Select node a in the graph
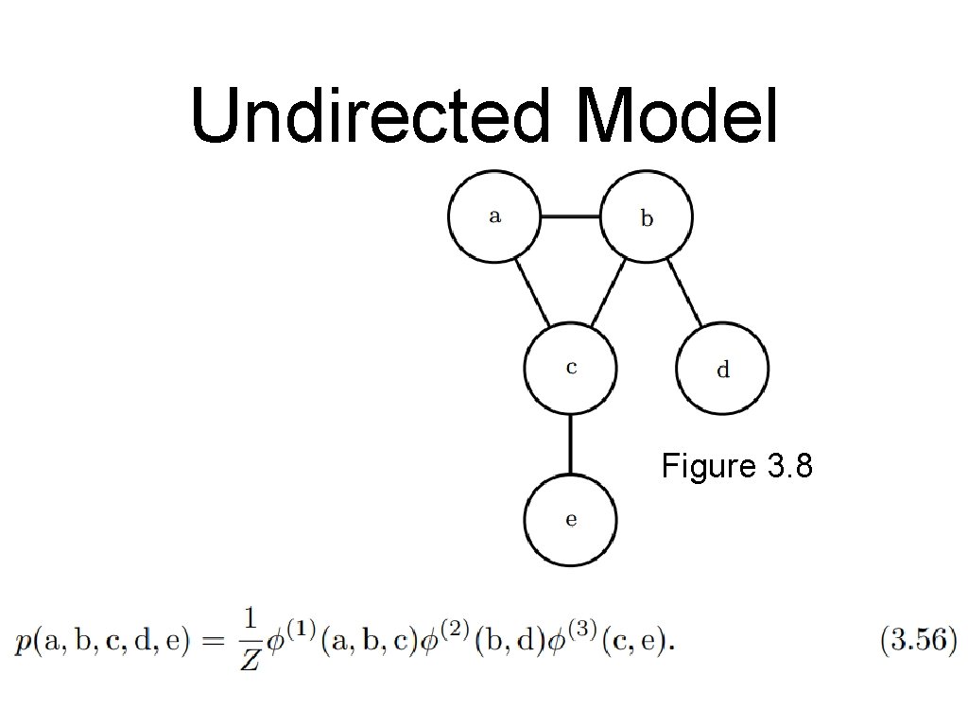493,216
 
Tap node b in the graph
647,217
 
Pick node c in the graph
570,368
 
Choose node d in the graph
723,369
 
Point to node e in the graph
570,520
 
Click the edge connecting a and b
570,216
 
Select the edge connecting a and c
532,292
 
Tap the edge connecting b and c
609,292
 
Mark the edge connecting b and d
685,292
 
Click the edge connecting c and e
570,443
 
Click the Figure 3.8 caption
736,466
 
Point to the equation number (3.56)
918,642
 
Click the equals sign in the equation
214,642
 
